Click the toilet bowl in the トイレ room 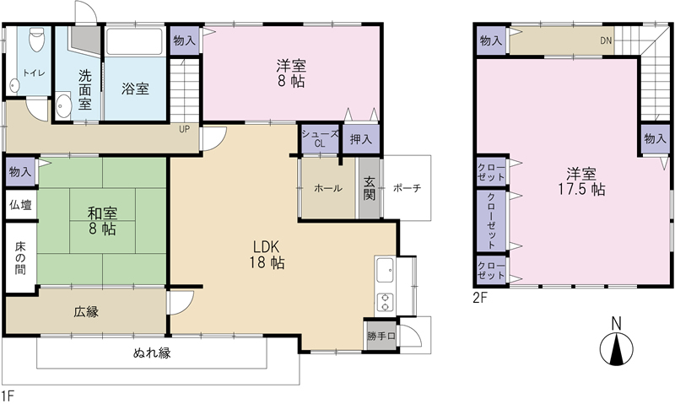coord(36,39)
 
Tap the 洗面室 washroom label coord(85,89)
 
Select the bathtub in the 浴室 coord(134,41)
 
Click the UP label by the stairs coord(184,129)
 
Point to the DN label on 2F coord(606,40)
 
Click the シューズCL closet coord(320,138)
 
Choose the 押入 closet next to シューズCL coord(361,138)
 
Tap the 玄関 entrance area coord(370,188)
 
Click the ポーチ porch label coord(408,188)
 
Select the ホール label coord(328,188)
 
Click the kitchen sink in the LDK coord(385,270)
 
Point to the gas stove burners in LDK coord(385,302)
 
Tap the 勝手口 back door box coord(381,336)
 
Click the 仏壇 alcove coord(20,205)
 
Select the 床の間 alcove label coord(20,258)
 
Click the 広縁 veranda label coord(86,311)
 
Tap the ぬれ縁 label coord(152,353)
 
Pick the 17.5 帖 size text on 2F coord(581,189)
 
